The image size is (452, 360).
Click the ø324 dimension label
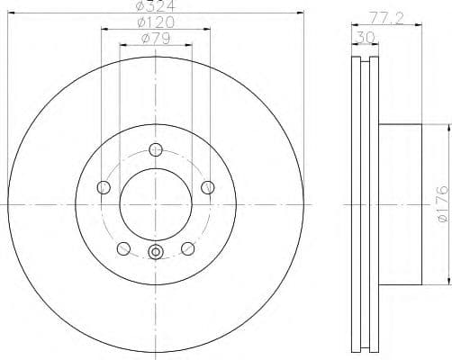[x=156, y=7]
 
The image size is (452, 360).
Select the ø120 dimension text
[x=156, y=22]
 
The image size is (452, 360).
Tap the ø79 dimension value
[x=156, y=39]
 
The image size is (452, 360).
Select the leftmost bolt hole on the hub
[x=103, y=187]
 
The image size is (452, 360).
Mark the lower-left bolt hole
[x=123, y=248]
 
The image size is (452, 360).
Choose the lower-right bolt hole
[x=188, y=248]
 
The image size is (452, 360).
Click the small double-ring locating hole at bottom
[x=156, y=253]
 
